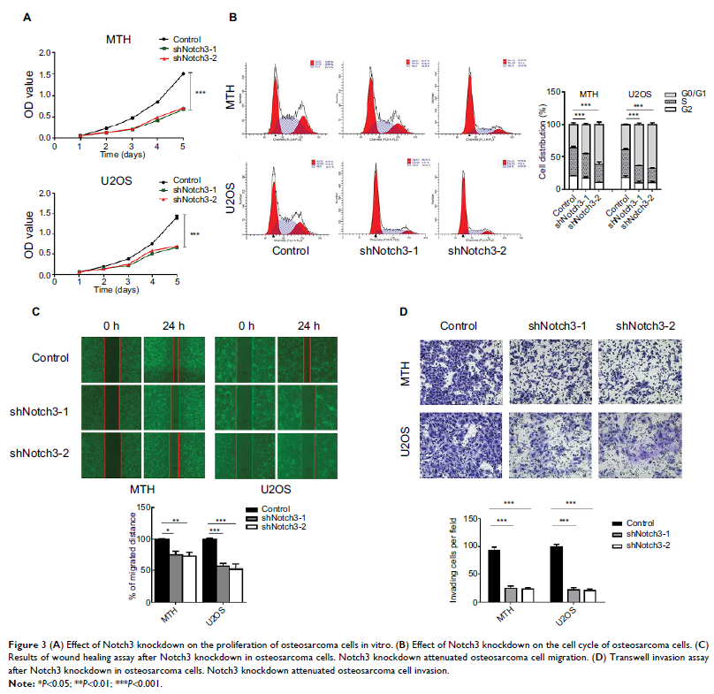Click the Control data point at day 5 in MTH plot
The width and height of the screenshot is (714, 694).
point(183,73)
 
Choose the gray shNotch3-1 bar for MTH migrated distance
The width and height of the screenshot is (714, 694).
point(176,577)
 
